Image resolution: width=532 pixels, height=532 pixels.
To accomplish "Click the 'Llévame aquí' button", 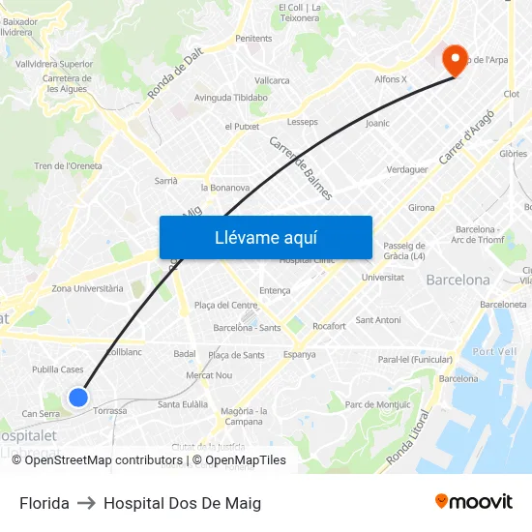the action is (265, 237).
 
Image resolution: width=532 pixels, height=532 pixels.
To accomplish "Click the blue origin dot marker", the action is (78, 397).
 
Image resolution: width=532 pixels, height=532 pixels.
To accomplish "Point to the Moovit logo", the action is (473, 501).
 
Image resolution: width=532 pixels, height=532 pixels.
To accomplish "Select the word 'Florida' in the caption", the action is (44, 503).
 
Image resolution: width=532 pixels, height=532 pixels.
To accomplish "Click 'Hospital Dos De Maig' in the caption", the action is (182, 503).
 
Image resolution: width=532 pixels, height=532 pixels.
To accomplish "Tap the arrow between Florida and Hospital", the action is (86, 503).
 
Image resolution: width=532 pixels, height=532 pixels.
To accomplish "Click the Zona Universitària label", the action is (87, 288).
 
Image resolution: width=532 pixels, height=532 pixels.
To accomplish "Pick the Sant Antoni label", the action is (378, 319).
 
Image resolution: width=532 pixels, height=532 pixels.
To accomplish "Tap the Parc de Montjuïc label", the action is (378, 404).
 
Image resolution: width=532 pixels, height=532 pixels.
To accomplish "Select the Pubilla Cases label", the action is (58, 369).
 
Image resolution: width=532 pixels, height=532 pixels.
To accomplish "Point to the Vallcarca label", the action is (272, 80).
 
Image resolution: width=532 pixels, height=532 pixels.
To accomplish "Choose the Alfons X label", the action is (391, 79).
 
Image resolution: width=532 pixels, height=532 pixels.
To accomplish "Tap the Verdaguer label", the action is (406, 169).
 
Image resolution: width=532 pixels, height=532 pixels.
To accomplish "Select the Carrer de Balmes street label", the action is (301, 167).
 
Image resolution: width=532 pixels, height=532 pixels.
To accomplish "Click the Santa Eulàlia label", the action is (183, 404).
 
